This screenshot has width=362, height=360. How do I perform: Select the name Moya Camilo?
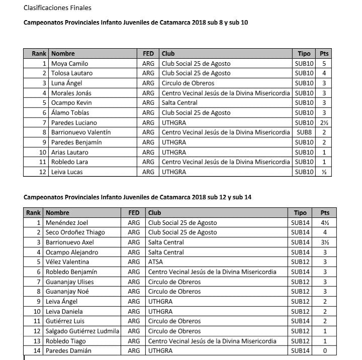[69, 64]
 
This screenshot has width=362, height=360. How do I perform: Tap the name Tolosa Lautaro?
[71, 73]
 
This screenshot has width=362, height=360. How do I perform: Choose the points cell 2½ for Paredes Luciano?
[324, 123]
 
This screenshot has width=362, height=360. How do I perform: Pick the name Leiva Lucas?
[67, 172]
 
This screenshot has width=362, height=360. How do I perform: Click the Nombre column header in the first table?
[63, 54]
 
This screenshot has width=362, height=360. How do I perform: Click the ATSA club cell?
[155, 262]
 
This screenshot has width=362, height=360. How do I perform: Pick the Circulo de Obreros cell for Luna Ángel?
[188, 83]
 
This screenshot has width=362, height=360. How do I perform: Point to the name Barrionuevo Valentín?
[80, 133]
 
